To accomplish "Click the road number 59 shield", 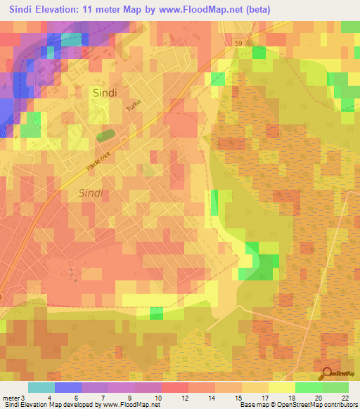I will [239, 44].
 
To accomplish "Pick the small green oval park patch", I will [105, 134].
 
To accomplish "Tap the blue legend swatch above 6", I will [68, 387].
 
